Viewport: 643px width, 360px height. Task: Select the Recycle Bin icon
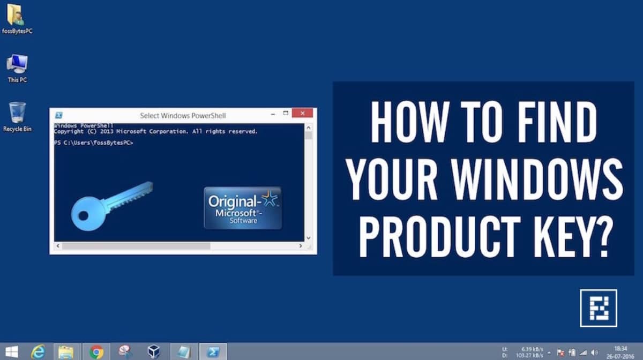(17, 113)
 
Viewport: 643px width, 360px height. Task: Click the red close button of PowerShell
(303, 114)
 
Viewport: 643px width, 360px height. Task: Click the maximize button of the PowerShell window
(286, 114)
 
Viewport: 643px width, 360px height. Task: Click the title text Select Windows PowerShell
(183, 115)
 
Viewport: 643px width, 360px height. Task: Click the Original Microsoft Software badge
(243, 208)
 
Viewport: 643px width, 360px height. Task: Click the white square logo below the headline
(598, 308)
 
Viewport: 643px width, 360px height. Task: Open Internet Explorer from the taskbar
(38, 351)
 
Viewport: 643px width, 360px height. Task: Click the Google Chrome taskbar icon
(96, 351)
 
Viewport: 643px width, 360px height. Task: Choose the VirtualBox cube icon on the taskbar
(154, 351)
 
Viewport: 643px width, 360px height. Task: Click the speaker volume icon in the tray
(594, 352)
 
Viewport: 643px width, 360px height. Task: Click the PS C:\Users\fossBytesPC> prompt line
(94, 143)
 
